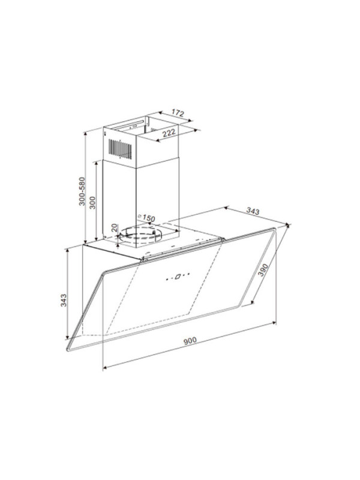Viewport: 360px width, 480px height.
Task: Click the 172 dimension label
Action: (x=178, y=113)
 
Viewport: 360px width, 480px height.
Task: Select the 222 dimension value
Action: (x=169, y=133)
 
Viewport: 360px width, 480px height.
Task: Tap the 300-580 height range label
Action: (x=82, y=191)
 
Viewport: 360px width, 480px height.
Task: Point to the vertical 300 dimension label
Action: (x=92, y=202)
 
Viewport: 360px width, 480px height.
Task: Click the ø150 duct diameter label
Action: (x=146, y=218)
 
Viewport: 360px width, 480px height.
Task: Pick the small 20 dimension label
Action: (x=115, y=227)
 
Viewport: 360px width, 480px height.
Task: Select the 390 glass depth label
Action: (x=263, y=269)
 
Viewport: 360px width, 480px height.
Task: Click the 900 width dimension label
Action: (x=190, y=340)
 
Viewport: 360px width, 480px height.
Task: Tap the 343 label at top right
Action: (x=253, y=211)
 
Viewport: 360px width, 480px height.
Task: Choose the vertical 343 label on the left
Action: (x=63, y=301)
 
